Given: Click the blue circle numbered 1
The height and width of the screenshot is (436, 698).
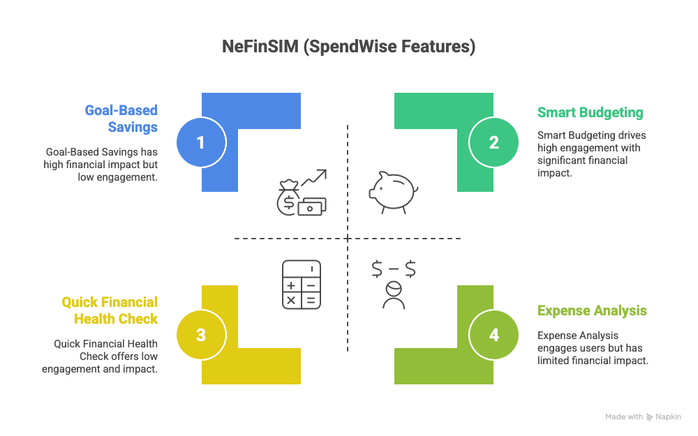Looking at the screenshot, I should click(200, 142).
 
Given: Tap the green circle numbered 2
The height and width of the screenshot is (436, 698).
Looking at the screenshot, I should click(494, 142).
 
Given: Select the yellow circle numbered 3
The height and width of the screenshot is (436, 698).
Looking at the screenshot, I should click(200, 334).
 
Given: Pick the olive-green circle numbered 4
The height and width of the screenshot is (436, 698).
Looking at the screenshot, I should click(494, 334).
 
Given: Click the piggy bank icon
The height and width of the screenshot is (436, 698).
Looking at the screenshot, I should click(393, 189).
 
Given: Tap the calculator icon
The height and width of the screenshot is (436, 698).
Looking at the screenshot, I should click(302, 284).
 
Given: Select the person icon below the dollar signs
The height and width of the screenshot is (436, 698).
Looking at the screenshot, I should click(394, 294).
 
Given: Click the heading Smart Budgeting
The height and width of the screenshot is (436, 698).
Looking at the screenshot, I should click(590, 112).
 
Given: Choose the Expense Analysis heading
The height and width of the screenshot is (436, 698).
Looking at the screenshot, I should click(592, 310).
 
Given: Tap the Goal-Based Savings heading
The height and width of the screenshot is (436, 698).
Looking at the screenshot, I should click(121, 118).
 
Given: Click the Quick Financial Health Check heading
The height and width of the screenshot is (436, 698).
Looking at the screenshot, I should click(110, 310).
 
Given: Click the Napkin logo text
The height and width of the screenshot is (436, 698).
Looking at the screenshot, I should click(668, 416).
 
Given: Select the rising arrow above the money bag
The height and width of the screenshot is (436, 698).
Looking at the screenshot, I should click(315, 179).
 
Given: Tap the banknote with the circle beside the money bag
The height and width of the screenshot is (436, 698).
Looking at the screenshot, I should click(312, 206).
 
